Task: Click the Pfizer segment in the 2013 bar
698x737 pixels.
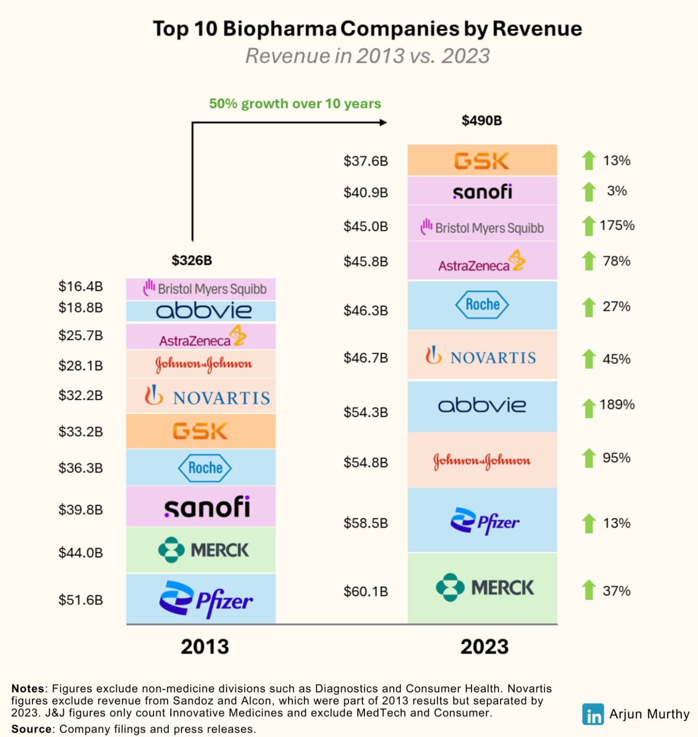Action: click(x=201, y=598)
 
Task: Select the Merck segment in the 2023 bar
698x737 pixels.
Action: click(x=482, y=588)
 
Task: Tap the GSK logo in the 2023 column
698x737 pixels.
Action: click(x=481, y=161)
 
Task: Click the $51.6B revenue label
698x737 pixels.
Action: click(x=81, y=600)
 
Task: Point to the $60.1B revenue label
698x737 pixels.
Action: click(x=365, y=591)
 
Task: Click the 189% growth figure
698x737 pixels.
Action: click(x=617, y=404)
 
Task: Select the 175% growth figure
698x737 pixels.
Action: click(x=617, y=225)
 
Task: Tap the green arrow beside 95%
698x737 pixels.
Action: click(x=589, y=458)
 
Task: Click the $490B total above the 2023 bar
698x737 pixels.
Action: click(x=481, y=120)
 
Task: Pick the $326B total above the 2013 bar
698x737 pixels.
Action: click(x=192, y=261)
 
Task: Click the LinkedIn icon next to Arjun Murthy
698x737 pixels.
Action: click(x=593, y=714)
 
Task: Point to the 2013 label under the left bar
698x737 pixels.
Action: click(x=205, y=646)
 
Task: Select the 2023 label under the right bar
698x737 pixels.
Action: click(x=484, y=646)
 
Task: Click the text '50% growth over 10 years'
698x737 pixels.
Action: click(x=295, y=104)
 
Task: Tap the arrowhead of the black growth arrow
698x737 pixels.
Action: click(x=383, y=122)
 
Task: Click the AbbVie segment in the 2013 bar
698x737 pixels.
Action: click(x=201, y=311)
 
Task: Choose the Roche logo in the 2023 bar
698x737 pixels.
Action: click(x=481, y=305)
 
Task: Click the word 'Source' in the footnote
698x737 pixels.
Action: click(x=31, y=729)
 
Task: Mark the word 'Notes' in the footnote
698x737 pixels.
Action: click(x=29, y=689)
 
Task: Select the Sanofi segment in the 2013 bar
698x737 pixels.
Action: click(x=201, y=507)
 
